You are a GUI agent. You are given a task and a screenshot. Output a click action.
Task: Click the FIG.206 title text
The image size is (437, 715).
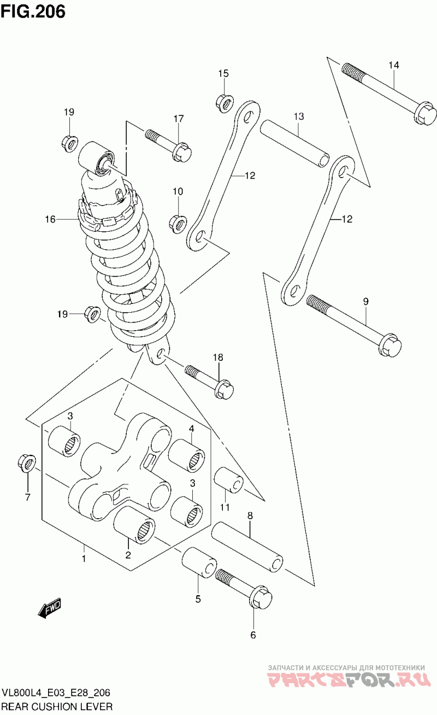pyautogui.click(x=33, y=12)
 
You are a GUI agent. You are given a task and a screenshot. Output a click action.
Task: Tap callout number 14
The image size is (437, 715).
pyautogui.click(x=394, y=65)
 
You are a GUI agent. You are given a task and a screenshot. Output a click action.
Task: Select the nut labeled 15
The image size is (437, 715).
pyautogui.click(x=225, y=103)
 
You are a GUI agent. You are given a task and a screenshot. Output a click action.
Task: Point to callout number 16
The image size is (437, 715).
pyautogui.click(x=50, y=219)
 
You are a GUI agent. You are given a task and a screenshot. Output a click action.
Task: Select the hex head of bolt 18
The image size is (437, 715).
pyautogui.click(x=223, y=389)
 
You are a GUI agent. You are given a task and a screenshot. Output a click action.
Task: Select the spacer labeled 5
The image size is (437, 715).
pyautogui.click(x=199, y=564)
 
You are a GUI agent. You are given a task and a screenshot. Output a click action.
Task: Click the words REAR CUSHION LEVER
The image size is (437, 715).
pyautogui.click(x=57, y=706)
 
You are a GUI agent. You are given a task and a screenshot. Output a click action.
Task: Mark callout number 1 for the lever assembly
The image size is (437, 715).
pyautogui.click(x=84, y=559)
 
